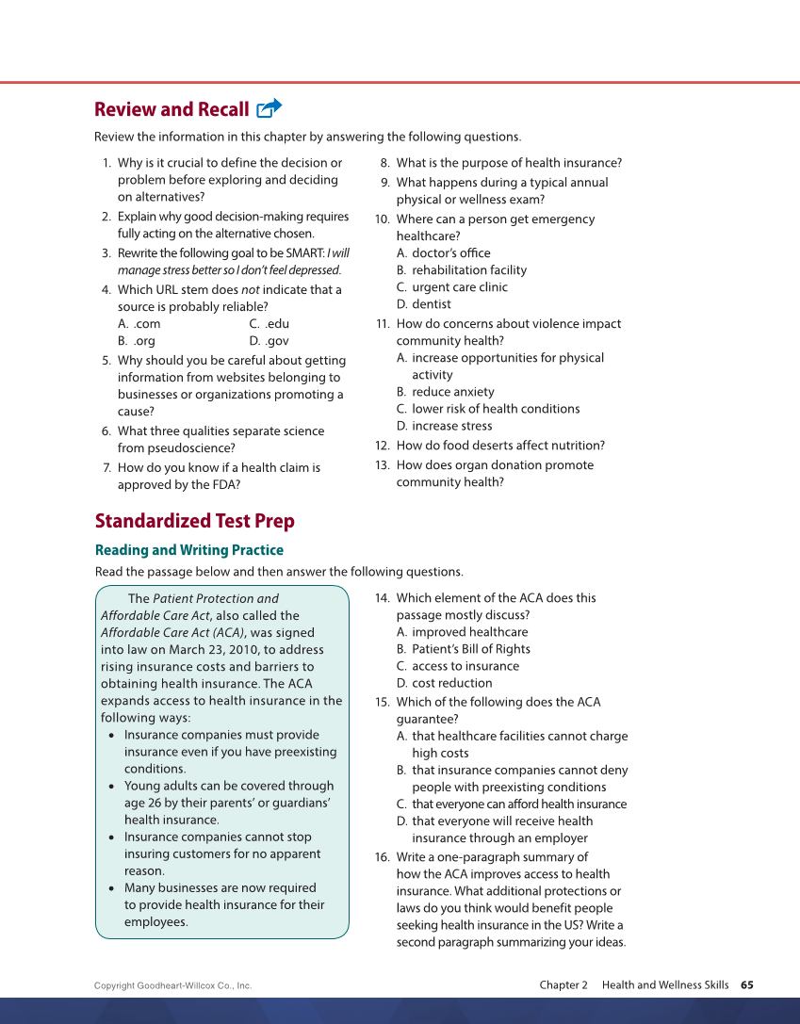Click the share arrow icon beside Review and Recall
[269, 108]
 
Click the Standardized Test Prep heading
[194, 521]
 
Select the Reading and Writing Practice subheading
[188, 550]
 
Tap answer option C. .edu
[269, 324]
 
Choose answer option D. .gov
[269, 341]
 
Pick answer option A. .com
[139, 324]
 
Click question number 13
[382, 465]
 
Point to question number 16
[382, 857]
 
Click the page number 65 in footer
[746, 984]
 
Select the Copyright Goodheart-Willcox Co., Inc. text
[172, 985]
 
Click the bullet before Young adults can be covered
[112, 787]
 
